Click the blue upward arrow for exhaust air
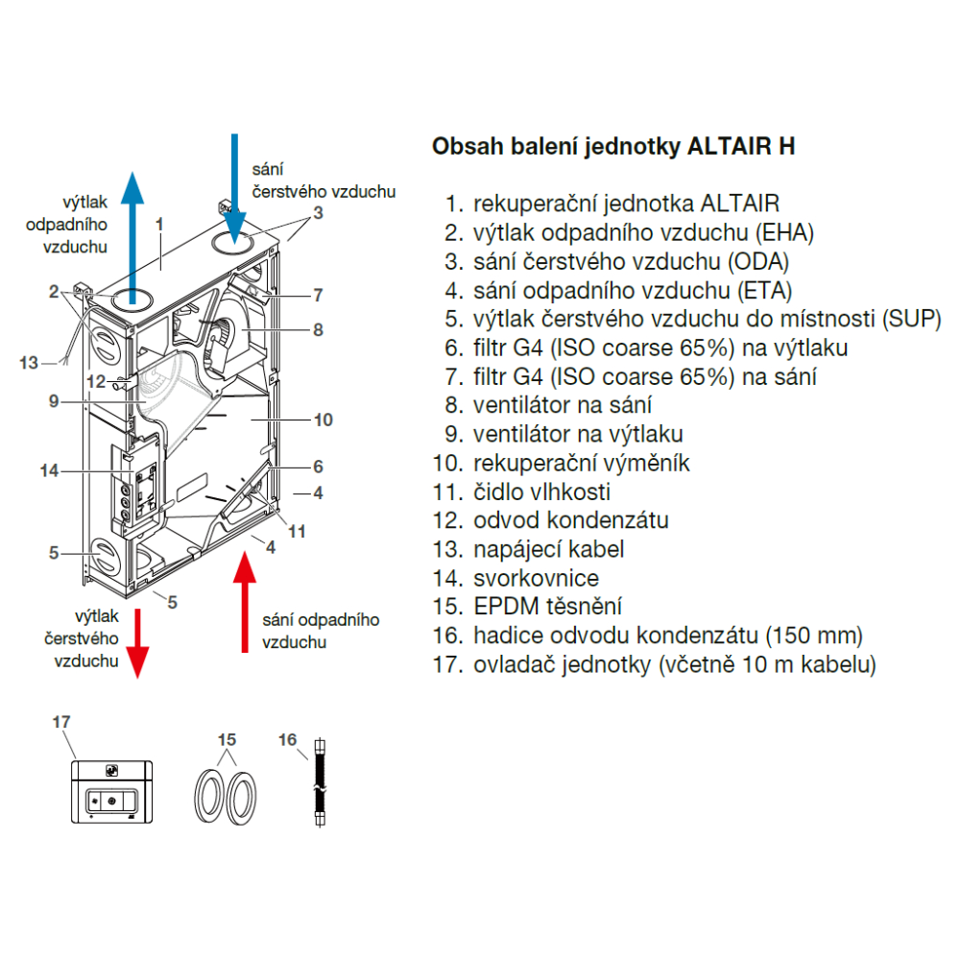coord(132,230)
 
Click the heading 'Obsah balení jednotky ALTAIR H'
coord(613,147)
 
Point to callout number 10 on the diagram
coord(323,420)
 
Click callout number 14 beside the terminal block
coord(50,470)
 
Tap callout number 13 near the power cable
coord(29,363)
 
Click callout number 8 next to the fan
coord(318,329)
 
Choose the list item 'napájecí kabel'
coord(548,550)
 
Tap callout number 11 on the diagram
coord(298,530)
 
